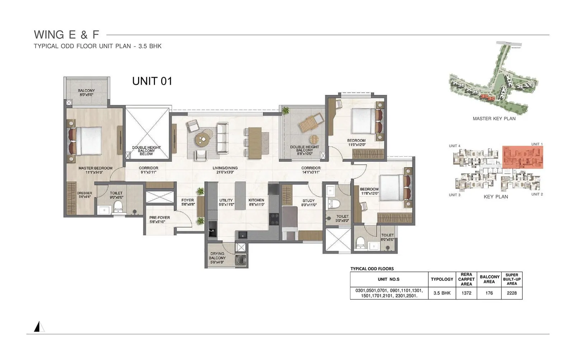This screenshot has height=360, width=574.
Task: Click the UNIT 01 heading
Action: (x=152, y=81)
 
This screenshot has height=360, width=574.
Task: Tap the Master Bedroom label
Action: (x=95, y=170)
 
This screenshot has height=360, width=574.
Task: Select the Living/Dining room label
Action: (x=225, y=170)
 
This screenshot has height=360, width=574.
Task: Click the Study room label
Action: (x=309, y=202)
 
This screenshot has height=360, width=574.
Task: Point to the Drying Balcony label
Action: (x=217, y=258)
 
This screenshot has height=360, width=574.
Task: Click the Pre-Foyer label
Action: (x=160, y=219)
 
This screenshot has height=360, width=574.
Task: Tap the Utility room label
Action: (x=226, y=202)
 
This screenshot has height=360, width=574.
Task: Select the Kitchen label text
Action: (x=256, y=202)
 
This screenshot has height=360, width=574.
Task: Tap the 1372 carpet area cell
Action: (x=466, y=293)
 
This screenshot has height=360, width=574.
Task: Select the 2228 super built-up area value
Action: (x=512, y=293)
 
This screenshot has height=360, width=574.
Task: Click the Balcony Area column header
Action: (x=489, y=279)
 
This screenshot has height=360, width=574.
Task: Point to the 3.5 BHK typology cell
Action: (x=442, y=293)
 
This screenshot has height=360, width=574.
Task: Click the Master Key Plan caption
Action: (x=494, y=118)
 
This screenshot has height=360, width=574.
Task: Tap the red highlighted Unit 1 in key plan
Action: (x=522, y=157)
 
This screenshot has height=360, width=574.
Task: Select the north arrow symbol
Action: (x=39, y=327)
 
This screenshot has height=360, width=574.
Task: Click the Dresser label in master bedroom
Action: (x=85, y=195)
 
